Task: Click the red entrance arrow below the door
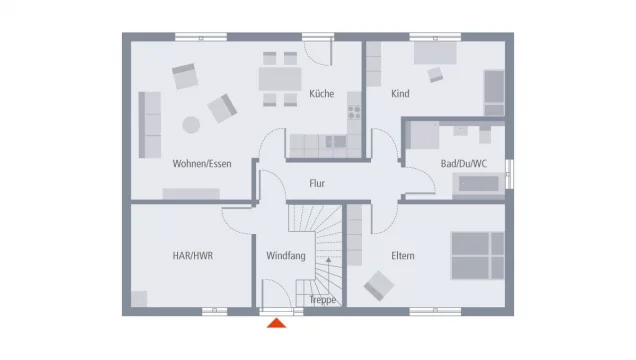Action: pos(277,322)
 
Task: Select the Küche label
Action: pos(321,93)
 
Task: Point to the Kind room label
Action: pos(401,94)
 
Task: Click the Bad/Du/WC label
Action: pos(463,163)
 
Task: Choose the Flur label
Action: pos(317,184)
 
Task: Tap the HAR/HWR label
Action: pos(193,256)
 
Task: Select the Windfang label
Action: pos(285,256)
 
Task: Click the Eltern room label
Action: pos(403,256)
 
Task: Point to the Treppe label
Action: pos(322,300)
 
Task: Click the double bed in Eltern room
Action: pos(477,255)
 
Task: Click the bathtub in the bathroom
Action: pos(478,184)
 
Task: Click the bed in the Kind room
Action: pos(494,93)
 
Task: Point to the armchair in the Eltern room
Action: pos(379,287)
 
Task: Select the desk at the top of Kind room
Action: pos(434,52)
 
